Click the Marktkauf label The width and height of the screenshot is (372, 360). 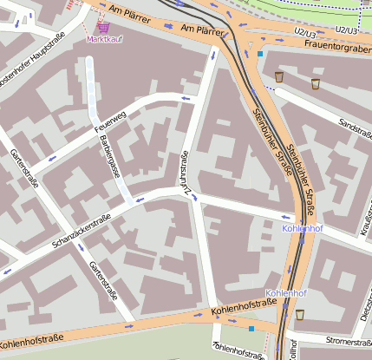104,40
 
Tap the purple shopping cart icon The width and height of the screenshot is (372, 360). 104,28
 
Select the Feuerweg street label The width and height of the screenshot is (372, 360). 109,121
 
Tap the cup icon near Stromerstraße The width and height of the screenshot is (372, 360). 300,314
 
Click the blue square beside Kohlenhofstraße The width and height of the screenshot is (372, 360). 251,329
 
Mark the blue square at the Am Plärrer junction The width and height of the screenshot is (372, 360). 259,54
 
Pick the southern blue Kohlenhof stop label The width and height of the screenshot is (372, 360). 286,293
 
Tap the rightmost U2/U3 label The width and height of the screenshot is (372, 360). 348,30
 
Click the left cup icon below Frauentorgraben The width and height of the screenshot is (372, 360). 278,77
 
